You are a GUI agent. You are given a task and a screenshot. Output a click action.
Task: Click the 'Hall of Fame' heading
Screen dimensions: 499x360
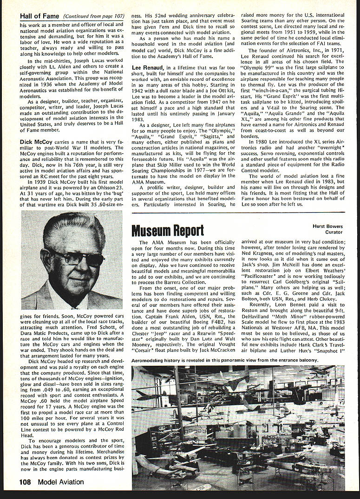[39, 16]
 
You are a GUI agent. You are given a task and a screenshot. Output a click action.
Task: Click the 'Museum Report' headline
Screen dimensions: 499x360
[167, 230]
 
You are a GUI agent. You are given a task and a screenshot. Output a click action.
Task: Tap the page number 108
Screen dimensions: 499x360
[25, 482]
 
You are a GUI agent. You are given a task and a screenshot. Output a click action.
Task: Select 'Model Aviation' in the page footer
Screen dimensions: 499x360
[61, 482]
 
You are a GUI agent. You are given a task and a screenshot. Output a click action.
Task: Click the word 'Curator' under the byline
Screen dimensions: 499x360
[334, 232]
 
